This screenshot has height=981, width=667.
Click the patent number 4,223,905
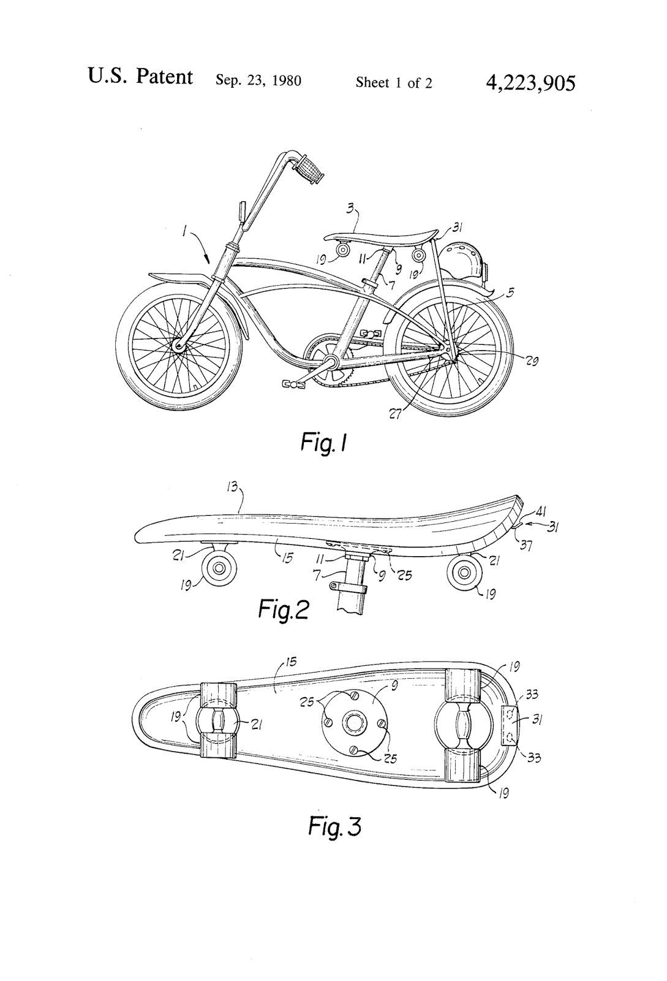(x=530, y=82)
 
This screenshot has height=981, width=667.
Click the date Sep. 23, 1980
(x=258, y=81)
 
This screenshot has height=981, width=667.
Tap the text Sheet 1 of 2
(x=394, y=82)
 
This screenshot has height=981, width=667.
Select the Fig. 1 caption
(x=324, y=443)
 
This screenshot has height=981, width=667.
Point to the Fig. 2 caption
(x=284, y=608)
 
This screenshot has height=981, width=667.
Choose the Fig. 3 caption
(x=334, y=826)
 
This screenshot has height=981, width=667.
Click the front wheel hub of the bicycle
(x=179, y=346)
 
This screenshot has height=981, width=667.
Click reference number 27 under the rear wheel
(x=396, y=414)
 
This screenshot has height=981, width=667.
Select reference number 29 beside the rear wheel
(x=531, y=361)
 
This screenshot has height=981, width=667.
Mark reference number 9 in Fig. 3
(x=394, y=686)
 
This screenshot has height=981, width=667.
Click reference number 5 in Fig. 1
(x=510, y=292)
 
